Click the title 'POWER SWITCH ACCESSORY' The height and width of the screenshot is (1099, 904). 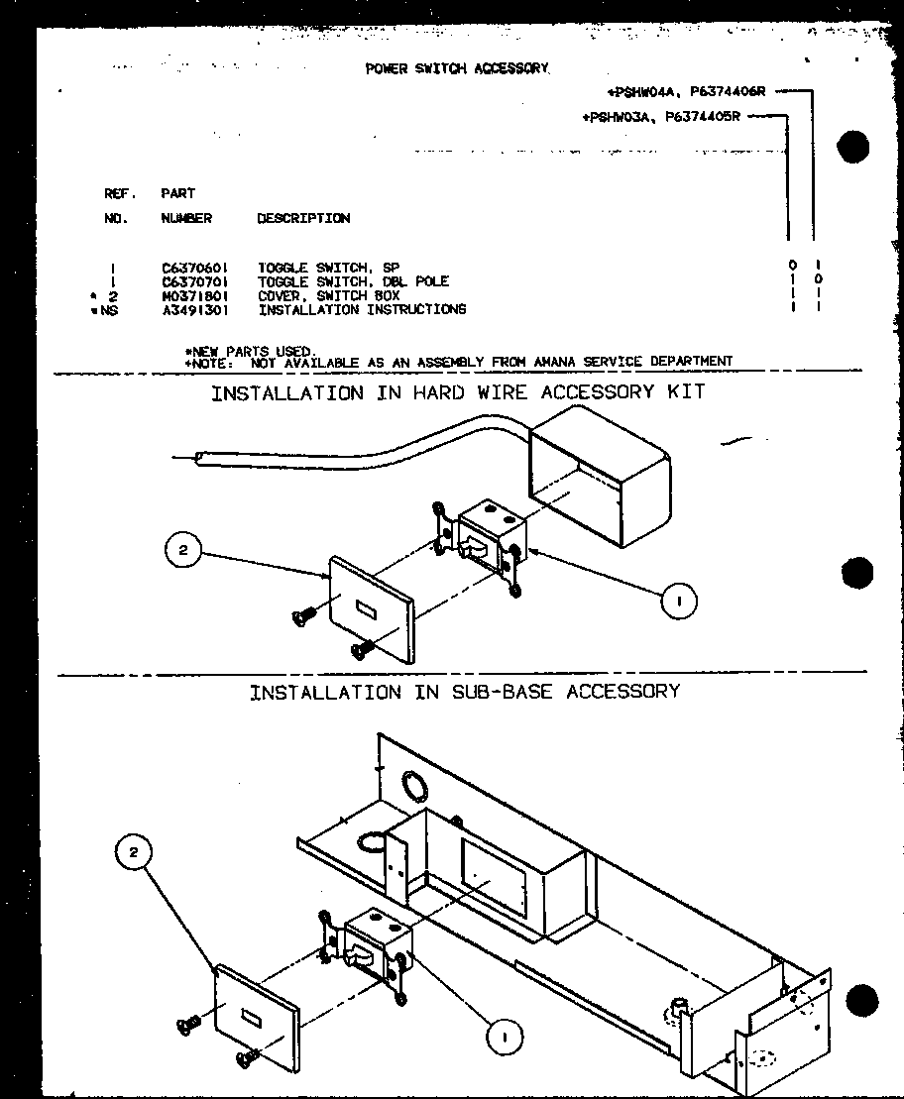(x=456, y=68)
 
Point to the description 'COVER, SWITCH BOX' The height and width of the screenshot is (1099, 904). (x=328, y=295)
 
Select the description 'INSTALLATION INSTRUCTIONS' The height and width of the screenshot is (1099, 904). (x=362, y=309)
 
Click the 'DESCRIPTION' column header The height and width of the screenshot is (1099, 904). (x=302, y=218)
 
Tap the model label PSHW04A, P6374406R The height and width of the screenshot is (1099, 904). (x=687, y=92)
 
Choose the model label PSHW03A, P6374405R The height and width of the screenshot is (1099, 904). (x=662, y=116)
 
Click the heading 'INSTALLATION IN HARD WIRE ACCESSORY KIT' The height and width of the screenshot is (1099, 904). (x=458, y=392)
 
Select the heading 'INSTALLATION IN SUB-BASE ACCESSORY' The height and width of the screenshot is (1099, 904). (x=464, y=692)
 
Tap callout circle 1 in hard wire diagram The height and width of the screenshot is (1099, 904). (x=680, y=601)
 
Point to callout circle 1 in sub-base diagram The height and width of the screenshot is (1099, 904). (x=506, y=1036)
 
